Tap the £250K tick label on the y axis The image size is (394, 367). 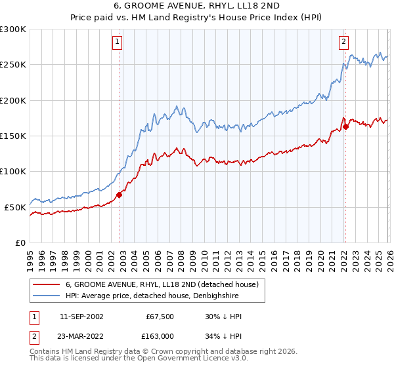pos(13,65)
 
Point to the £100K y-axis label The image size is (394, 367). pos(13,171)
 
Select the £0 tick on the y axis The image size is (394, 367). pos(20,242)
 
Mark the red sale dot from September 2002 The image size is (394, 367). pos(119,195)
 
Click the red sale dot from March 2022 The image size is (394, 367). pos(345,126)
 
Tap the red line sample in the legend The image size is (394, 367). pos(47,284)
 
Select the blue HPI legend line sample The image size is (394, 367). pos(47,296)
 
